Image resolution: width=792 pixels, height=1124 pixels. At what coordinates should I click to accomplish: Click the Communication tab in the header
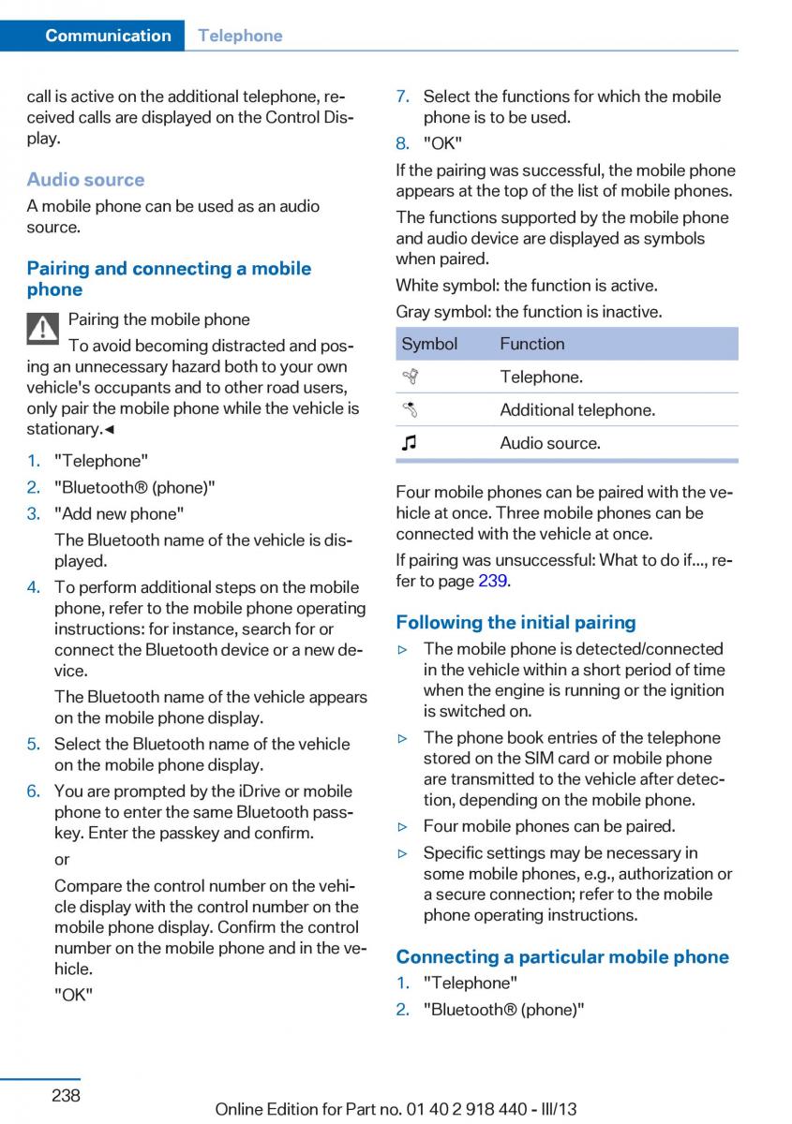[x=108, y=36]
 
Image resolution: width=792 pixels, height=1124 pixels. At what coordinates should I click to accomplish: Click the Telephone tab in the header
[x=240, y=36]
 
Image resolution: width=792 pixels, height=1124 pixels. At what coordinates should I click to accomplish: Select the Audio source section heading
[x=85, y=180]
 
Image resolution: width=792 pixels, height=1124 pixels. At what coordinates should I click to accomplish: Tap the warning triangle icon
[x=43, y=328]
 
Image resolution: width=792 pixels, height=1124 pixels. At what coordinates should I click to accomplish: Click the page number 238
[x=66, y=1095]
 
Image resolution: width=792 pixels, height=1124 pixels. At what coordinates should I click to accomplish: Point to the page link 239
[x=493, y=580]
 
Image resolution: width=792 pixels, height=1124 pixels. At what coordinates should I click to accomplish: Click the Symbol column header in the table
[x=429, y=344]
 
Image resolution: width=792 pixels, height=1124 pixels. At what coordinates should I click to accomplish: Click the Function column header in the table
[x=531, y=344]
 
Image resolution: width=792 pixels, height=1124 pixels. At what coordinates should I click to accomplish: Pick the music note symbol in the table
[x=409, y=443]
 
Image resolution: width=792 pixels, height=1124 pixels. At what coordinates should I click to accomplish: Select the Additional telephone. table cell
[x=577, y=409]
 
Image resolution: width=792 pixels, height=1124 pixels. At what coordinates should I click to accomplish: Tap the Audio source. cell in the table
[x=550, y=443]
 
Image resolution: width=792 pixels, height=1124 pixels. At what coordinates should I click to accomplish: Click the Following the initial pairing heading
[x=516, y=622]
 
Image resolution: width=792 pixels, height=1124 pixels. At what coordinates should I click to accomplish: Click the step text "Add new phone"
[x=119, y=513]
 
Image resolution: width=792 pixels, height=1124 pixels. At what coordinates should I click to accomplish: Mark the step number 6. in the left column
[x=34, y=791]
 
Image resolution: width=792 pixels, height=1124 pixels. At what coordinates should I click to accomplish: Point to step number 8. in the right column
[x=403, y=143]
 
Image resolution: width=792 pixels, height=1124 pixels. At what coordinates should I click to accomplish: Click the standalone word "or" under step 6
[x=62, y=859]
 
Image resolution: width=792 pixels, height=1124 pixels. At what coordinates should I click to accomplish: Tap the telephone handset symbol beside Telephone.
[x=409, y=377]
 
